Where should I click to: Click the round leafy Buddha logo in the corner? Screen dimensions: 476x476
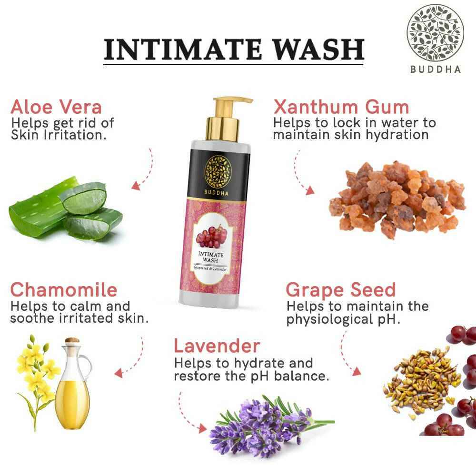pyautogui.click(x=435, y=33)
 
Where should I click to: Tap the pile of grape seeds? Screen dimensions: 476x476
pyautogui.click(x=419, y=381)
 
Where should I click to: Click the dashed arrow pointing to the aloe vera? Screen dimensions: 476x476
pyautogui.click(x=143, y=171)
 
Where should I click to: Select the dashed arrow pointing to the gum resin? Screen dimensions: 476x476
pyautogui.click(x=302, y=174)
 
